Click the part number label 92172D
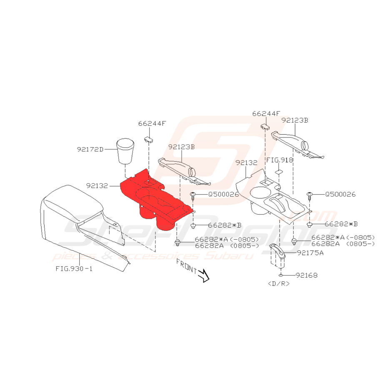point(90,149)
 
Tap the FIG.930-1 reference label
point(74,268)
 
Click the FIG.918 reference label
point(280,160)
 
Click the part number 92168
point(307,275)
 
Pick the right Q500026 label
point(340,194)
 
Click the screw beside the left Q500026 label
point(194,195)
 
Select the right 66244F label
point(266,113)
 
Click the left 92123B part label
point(182,147)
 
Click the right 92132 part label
point(247,162)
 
